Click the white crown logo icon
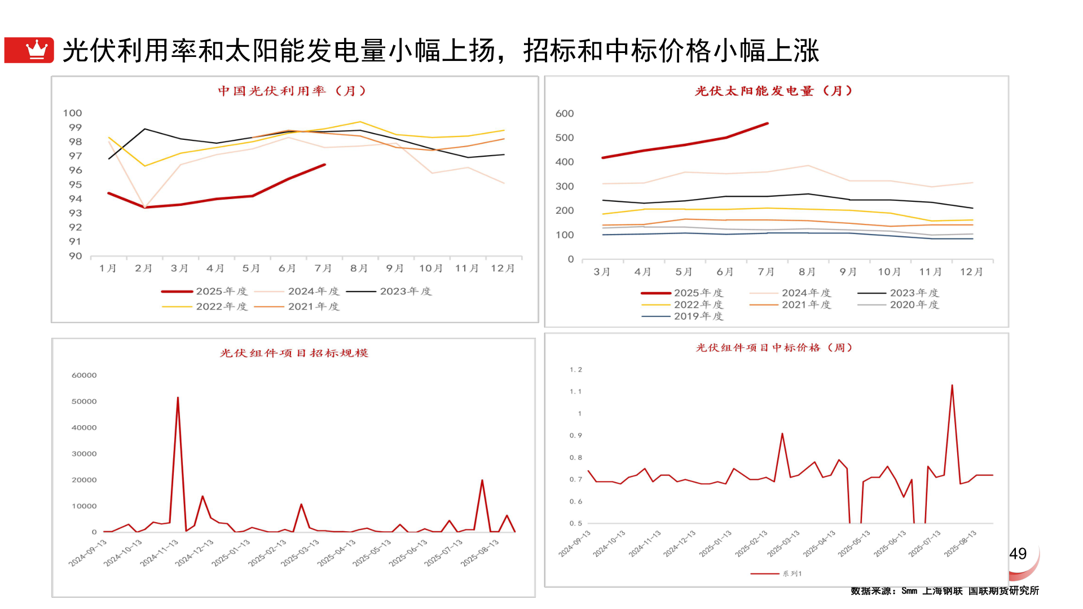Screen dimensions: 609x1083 coord(37,50)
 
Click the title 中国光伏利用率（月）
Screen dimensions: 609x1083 coord(292,91)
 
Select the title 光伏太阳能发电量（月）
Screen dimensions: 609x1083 coord(774,91)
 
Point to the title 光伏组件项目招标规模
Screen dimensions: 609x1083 coord(294,353)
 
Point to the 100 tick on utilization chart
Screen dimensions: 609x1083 coord(73,113)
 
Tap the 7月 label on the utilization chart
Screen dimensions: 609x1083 coord(323,268)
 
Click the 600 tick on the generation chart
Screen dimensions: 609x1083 coord(565,113)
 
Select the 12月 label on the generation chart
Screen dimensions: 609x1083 coord(971,272)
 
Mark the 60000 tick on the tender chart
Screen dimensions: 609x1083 coord(84,375)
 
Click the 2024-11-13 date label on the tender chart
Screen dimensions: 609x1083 coord(160,553)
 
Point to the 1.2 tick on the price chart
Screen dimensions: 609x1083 coord(575,369)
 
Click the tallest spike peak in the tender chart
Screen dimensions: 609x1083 coord(178,398)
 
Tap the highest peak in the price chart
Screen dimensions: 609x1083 coord(952,386)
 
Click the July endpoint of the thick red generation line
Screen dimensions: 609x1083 coord(767,123)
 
